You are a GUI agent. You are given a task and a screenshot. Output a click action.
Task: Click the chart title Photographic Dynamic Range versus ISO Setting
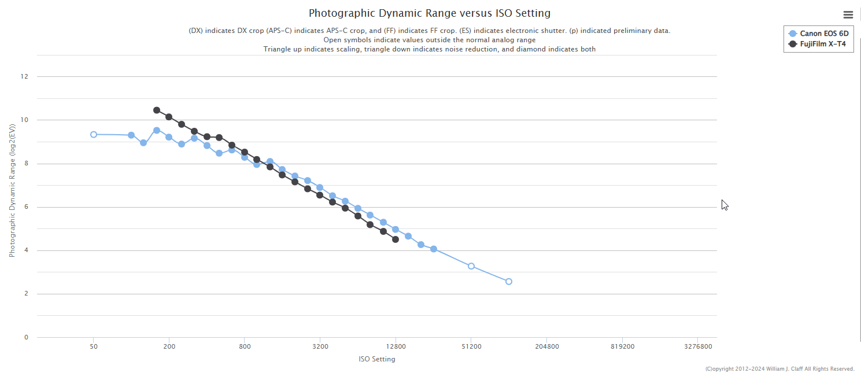429,13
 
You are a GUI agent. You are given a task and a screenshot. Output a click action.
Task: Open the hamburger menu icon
848,15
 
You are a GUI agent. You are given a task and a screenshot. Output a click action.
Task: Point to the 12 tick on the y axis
24,76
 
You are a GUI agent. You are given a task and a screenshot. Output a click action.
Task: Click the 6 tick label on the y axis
25,207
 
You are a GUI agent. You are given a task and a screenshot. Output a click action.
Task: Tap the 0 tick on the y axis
25,337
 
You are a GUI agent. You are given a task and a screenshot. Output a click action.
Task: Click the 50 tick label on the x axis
94,347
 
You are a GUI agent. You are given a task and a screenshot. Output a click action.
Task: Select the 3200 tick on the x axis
320,347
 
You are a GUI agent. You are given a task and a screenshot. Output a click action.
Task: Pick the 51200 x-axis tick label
471,347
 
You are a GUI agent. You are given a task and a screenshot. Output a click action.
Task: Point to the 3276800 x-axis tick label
697,347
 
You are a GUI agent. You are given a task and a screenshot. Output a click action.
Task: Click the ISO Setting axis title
377,359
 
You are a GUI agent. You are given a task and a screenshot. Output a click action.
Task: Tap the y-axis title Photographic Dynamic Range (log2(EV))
12,191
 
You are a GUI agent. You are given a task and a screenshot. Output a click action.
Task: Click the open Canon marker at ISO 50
94,134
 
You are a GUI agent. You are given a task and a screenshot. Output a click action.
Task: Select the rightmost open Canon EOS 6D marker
509,282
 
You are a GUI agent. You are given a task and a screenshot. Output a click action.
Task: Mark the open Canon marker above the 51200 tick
471,266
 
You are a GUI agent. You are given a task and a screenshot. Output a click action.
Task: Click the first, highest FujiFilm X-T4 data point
157,110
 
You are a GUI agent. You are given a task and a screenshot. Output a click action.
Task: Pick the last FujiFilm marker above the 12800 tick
396,239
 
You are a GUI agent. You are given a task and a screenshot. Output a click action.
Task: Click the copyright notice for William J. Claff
779,369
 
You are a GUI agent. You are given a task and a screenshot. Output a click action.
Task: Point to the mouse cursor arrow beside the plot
724,205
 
